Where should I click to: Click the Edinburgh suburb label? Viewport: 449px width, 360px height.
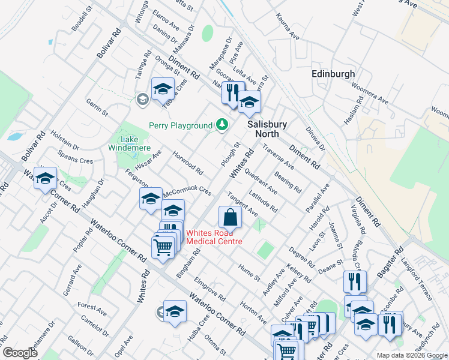[x=333, y=74]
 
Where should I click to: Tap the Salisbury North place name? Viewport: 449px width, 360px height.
[x=268, y=129]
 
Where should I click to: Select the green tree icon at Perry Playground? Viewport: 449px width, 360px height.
[x=223, y=124]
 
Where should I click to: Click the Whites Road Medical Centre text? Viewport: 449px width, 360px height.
[x=214, y=237]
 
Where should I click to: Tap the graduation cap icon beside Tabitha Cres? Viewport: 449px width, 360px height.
[x=162, y=89]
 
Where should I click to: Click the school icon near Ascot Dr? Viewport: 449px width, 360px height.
[x=45, y=179]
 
